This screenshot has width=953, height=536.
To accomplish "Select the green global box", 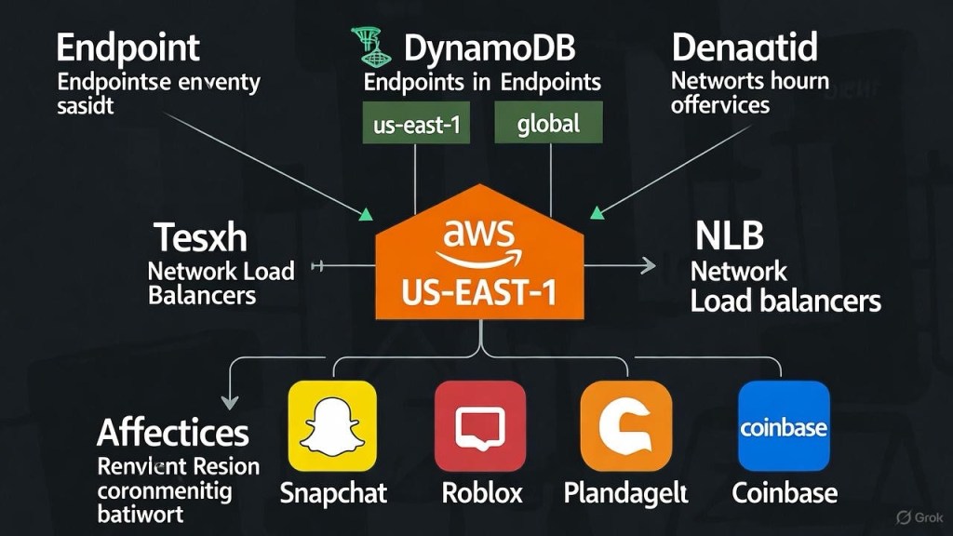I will point(550,123).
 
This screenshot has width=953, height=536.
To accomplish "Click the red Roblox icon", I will point(479,425).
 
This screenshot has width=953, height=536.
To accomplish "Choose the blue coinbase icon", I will point(783,425).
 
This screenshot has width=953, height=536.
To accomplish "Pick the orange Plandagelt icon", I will point(626,425).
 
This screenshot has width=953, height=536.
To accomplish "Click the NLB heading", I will point(730,236).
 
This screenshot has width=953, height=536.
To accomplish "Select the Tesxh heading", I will point(201,238).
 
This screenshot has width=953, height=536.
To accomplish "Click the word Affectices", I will point(173,433).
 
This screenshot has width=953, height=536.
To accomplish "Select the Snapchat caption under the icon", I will point(333,492).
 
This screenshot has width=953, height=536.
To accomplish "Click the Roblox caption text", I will point(482,492).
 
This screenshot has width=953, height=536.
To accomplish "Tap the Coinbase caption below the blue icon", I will point(785,492).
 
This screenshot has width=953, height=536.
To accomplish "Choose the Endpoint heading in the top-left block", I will point(128,47).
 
